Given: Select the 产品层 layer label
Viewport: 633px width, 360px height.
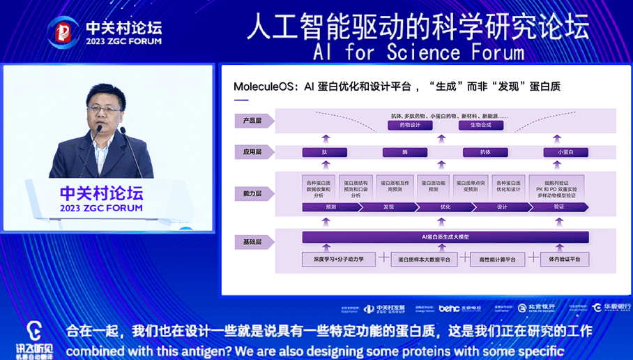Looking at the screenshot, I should pyautogui.click(x=252, y=120).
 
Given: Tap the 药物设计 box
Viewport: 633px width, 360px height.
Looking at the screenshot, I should pyautogui.click(x=410, y=125).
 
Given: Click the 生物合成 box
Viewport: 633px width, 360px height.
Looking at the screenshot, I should pyautogui.click(x=480, y=125).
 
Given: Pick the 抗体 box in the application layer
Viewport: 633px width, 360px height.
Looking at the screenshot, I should pyautogui.click(x=485, y=152).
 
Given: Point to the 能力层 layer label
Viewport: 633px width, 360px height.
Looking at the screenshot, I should pyautogui.click(x=252, y=192).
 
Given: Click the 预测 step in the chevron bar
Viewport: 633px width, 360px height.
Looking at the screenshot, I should pyautogui.click(x=330, y=207).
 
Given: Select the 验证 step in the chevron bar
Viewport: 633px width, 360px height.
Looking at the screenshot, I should pyautogui.click(x=558, y=207).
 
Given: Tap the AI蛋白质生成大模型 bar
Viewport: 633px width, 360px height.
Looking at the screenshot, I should pyautogui.click(x=445, y=237).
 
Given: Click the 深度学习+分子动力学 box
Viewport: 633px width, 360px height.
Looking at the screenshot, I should pyautogui.click(x=338, y=259).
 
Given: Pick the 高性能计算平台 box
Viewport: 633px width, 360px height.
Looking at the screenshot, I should pyautogui.click(x=497, y=259).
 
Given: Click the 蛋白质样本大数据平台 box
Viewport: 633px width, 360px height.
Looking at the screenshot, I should pyautogui.click(x=424, y=259).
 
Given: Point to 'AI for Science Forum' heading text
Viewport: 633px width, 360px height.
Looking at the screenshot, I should pyautogui.click(x=418, y=52).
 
